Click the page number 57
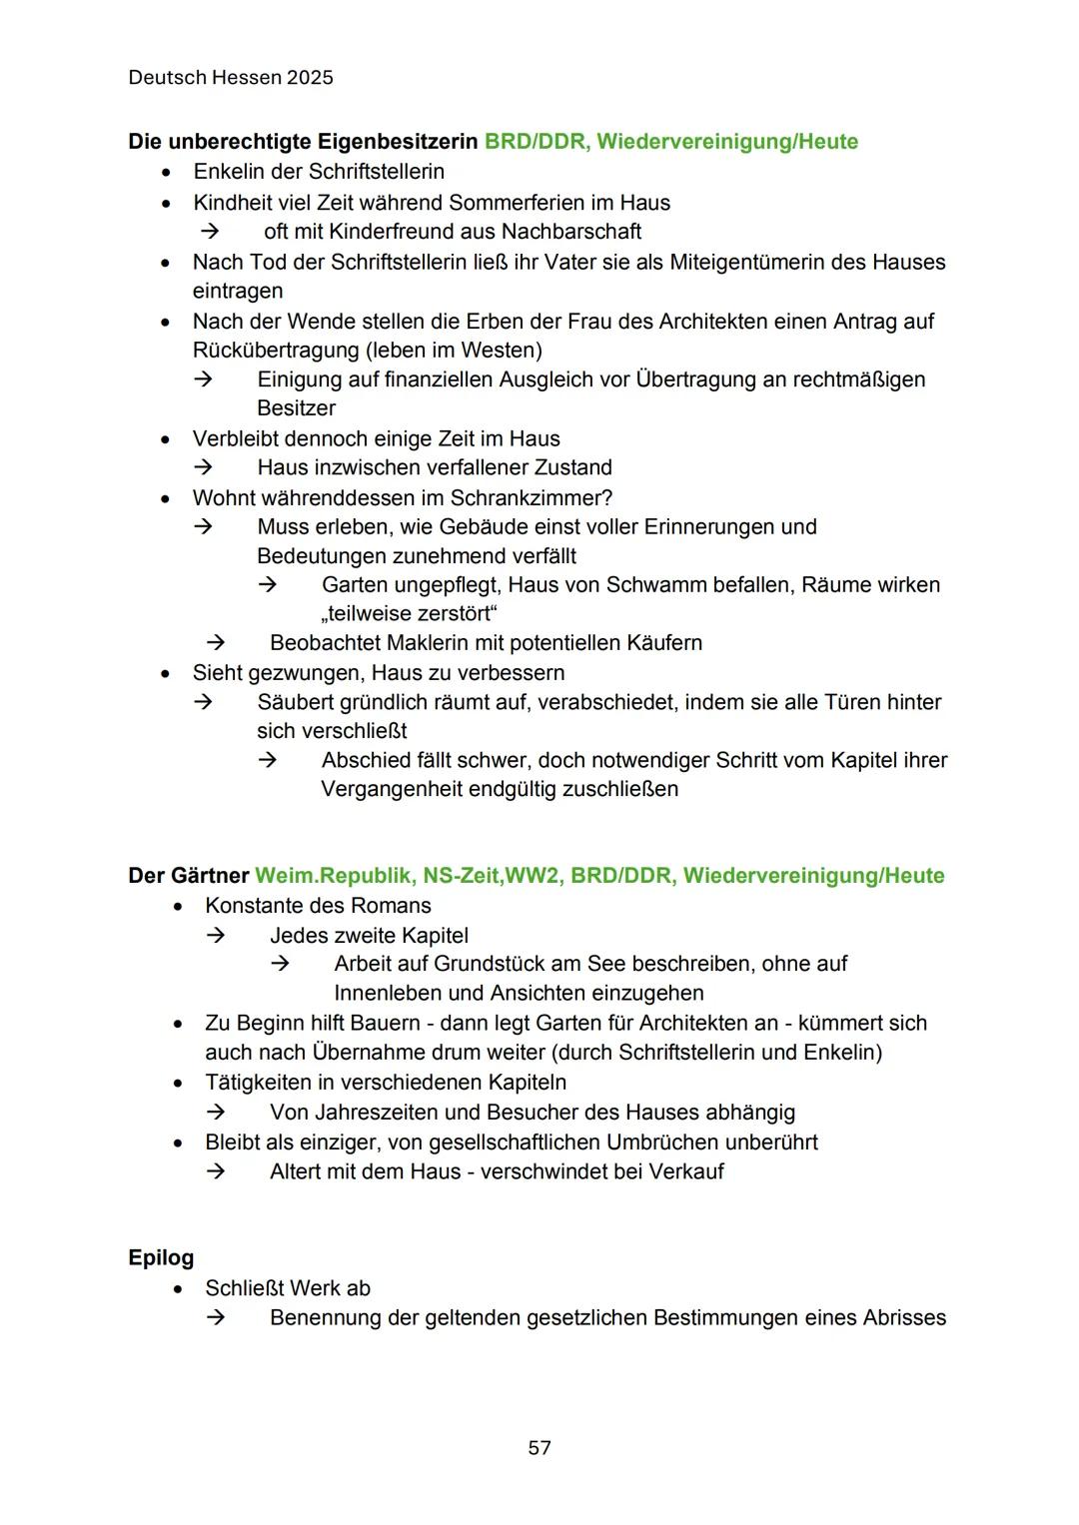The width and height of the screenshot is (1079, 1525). pos(539,1447)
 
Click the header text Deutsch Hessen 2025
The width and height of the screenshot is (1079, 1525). pos(231,78)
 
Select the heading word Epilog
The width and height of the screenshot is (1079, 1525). pos(161,1257)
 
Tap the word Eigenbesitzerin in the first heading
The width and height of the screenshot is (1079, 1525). pos(398,142)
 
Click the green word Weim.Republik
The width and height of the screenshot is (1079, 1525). pos(333,876)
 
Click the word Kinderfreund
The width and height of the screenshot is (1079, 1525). pos(392,232)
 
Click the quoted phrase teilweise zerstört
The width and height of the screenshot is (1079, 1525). pos(409,613)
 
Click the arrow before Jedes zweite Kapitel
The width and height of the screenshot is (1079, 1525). pos(216,936)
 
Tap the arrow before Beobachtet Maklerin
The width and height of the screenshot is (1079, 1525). pos(216,643)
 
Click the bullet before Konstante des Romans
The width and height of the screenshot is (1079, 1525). pos(178,907)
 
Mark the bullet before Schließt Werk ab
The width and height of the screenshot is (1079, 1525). pos(178,1289)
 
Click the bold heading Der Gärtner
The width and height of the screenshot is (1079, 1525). pos(188,876)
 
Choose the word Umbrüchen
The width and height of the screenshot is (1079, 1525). pos(662,1142)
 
